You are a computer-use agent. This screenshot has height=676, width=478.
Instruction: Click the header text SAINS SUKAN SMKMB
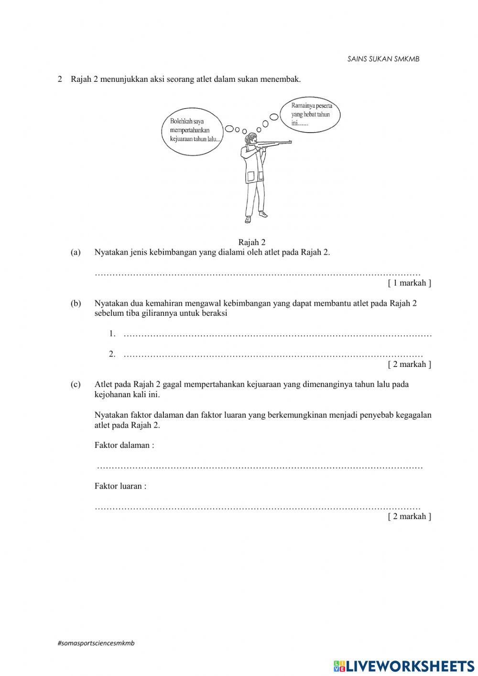coord(383,59)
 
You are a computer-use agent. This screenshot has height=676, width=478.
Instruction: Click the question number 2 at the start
coord(60,79)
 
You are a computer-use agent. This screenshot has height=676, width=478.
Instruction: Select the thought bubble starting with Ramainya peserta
coord(311,114)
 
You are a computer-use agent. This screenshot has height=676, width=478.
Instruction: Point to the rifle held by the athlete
coord(275,142)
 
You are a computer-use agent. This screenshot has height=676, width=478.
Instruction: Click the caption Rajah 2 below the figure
coord(251,243)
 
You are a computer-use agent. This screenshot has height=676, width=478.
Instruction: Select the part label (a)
coord(76,252)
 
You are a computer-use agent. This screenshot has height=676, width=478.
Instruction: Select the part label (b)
coord(76,303)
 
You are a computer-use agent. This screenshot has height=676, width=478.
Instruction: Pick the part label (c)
coord(76,384)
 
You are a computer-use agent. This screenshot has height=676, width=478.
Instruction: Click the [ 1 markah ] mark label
coord(409,283)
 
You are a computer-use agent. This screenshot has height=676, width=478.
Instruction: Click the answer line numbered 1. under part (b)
coord(277,334)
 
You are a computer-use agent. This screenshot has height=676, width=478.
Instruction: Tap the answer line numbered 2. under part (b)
coord(272,355)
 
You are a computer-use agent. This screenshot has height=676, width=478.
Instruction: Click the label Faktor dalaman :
coord(124,445)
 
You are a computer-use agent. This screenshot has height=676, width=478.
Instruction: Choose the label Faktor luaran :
coord(120,486)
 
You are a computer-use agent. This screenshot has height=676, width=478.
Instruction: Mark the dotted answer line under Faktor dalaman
coord(260,466)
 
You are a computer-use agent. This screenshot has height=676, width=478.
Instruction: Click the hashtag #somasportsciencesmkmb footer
coord(96,643)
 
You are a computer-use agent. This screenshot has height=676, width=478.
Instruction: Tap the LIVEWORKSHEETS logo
coord(404,665)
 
